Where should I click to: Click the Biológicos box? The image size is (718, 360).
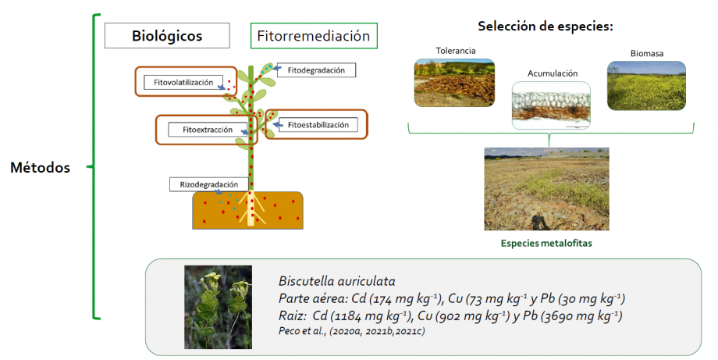167,36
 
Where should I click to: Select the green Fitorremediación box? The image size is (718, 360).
314,36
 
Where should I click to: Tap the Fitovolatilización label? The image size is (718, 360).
183,83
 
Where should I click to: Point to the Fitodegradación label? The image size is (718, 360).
316,70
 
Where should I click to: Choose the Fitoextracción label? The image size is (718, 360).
208,130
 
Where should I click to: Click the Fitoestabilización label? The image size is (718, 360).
318,125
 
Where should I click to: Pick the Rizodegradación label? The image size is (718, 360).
209,184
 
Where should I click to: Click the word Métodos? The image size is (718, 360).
41,168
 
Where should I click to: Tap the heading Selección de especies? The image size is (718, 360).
546,27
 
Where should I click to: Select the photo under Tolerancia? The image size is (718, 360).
455,83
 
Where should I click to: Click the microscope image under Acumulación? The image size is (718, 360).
551,105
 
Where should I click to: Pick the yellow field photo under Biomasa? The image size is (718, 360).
646,86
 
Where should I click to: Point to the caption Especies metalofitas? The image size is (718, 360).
546,243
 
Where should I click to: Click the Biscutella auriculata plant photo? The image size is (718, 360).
218,308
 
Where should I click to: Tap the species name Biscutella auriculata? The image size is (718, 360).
336,281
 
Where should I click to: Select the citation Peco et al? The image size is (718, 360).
352,330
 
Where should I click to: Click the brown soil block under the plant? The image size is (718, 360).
247,210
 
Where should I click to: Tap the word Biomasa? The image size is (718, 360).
646,54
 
